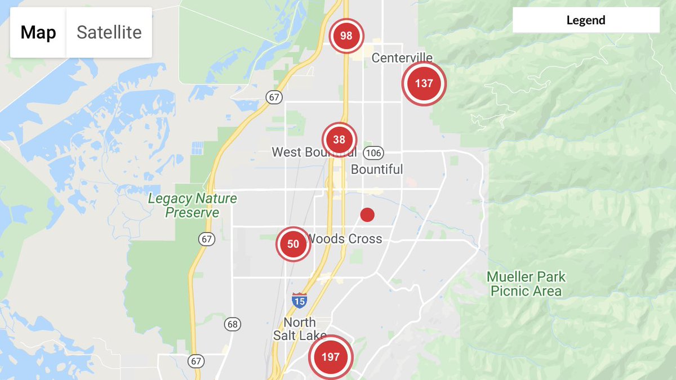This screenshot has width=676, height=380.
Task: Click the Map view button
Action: click(38, 33)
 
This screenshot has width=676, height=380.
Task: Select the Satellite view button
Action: click(109, 33)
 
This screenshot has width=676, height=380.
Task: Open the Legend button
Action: click(586, 21)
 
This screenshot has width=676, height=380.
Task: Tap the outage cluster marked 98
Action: click(346, 36)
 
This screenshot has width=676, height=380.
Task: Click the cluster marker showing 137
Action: click(424, 83)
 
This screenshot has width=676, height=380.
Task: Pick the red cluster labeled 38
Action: click(339, 140)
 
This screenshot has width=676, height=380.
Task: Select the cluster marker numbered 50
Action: click(293, 244)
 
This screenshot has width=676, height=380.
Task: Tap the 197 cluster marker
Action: click(330, 357)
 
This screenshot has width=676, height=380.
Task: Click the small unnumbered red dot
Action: click(367, 214)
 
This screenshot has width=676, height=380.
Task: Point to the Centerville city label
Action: click(402, 58)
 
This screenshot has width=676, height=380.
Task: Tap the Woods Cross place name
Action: click(345, 239)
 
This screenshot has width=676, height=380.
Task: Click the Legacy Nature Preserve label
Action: click(192, 205)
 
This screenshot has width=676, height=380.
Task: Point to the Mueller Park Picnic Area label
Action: click(526, 284)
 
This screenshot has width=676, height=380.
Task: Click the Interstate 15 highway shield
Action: click(299, 300)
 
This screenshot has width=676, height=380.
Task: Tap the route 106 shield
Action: click(373, 153)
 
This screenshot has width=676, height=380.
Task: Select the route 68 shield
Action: click(232, 324)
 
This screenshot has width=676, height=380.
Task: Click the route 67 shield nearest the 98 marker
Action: click(274, 97)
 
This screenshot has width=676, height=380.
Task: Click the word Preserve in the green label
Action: click(192, 213)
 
